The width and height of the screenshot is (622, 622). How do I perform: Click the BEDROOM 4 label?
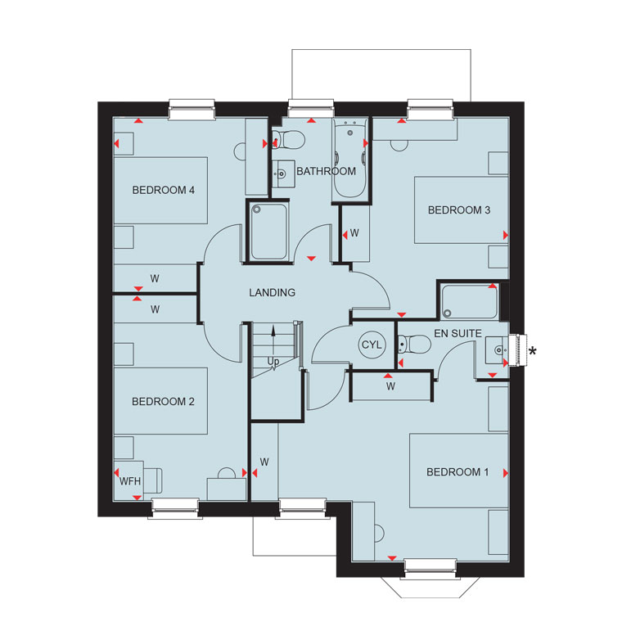pos(164,190)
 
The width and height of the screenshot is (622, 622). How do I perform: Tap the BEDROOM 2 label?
pos(163,402)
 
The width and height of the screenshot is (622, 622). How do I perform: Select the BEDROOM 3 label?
pos(459,210)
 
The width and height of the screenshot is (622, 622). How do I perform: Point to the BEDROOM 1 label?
pos(457,471)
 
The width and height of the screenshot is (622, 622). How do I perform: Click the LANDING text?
pos(272,292)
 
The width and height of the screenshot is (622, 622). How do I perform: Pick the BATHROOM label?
pos(326,171)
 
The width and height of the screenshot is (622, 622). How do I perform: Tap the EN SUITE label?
pos(457,333)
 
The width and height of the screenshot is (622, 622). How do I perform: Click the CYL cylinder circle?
pos(372,345)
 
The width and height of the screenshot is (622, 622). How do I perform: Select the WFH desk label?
pos(130,481)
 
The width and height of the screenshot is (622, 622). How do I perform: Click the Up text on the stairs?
pos(273,362)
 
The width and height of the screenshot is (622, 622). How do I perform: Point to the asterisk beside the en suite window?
pos(533,351)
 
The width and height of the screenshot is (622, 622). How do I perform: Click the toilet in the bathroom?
pos(289,140)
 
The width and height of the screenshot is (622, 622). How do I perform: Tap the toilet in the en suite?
pos(414,344)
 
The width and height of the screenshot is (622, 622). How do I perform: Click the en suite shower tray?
pos(469,302)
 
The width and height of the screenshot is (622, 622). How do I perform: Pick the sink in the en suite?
pos(497,350)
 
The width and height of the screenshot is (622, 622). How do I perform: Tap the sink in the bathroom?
pos(283,174)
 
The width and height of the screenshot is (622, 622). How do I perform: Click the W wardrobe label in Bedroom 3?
pos(354,233)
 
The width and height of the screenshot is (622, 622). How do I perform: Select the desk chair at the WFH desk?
pos(153,480)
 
